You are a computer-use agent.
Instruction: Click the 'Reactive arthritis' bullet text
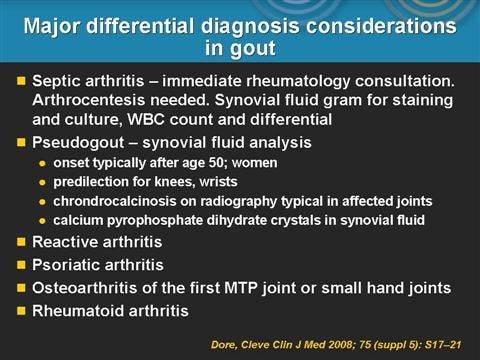click(x=97, y=242)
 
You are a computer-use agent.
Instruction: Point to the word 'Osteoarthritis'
click(x=86, y=288)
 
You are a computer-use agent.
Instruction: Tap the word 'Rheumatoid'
click(x=75, y=311)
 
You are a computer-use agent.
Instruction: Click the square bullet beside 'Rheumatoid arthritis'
click(x=17, y=311)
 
